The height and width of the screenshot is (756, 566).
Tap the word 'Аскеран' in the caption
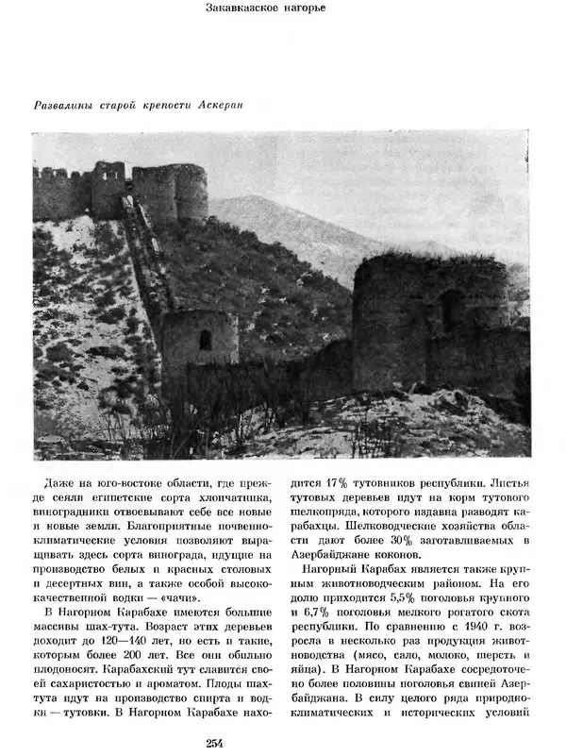(221, 104)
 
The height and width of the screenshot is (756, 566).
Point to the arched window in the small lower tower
(205, 340)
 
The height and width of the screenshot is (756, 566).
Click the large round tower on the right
(429, 311)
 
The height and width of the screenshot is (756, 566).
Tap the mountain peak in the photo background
(247, 201)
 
